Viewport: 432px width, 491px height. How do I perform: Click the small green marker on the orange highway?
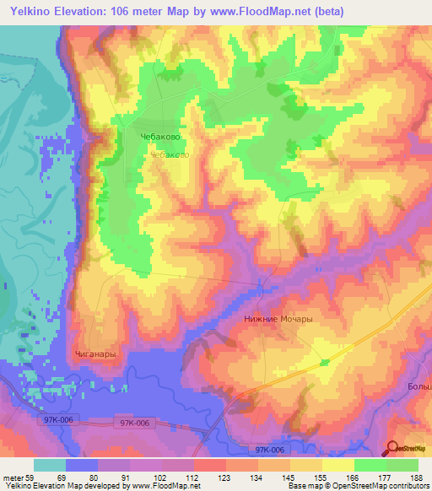point(326,363)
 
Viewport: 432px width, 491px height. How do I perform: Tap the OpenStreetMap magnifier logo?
point(393,449)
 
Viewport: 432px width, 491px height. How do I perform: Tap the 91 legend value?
point(126,478)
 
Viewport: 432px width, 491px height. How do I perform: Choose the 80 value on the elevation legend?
point(94,478)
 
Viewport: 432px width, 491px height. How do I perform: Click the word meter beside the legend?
point(12,478)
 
